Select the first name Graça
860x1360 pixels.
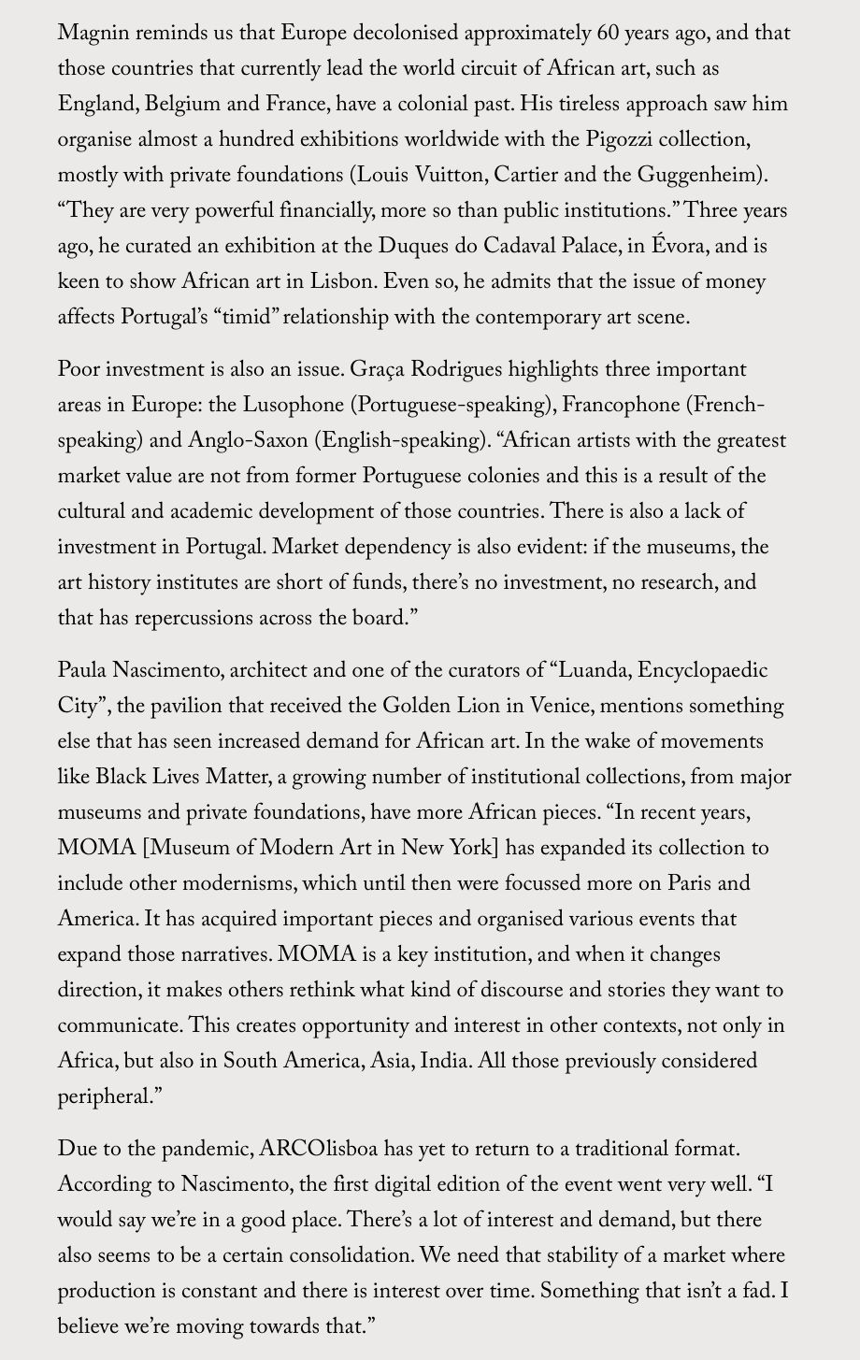pos(380,369)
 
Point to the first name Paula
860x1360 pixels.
pos(82,670)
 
